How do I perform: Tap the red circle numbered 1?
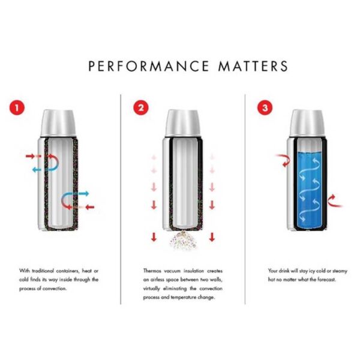coord(20,109)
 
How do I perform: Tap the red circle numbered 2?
coord(141,109)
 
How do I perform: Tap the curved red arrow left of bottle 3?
coord(281,160)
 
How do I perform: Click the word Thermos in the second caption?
coord(154,271)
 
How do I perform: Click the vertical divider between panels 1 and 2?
coord(121,198)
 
